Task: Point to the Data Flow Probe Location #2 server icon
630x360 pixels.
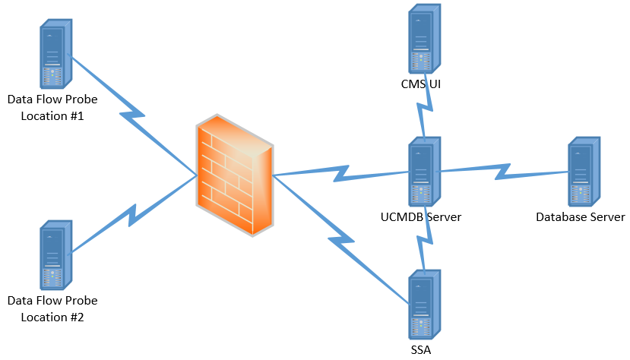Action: (x=55, y=255)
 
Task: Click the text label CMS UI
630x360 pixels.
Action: (x=421, y=84)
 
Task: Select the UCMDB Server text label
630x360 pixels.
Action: (x=421, y=217)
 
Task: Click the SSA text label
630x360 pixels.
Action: (x=421, y=350)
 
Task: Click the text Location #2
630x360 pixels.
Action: (x=52, y=317)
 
